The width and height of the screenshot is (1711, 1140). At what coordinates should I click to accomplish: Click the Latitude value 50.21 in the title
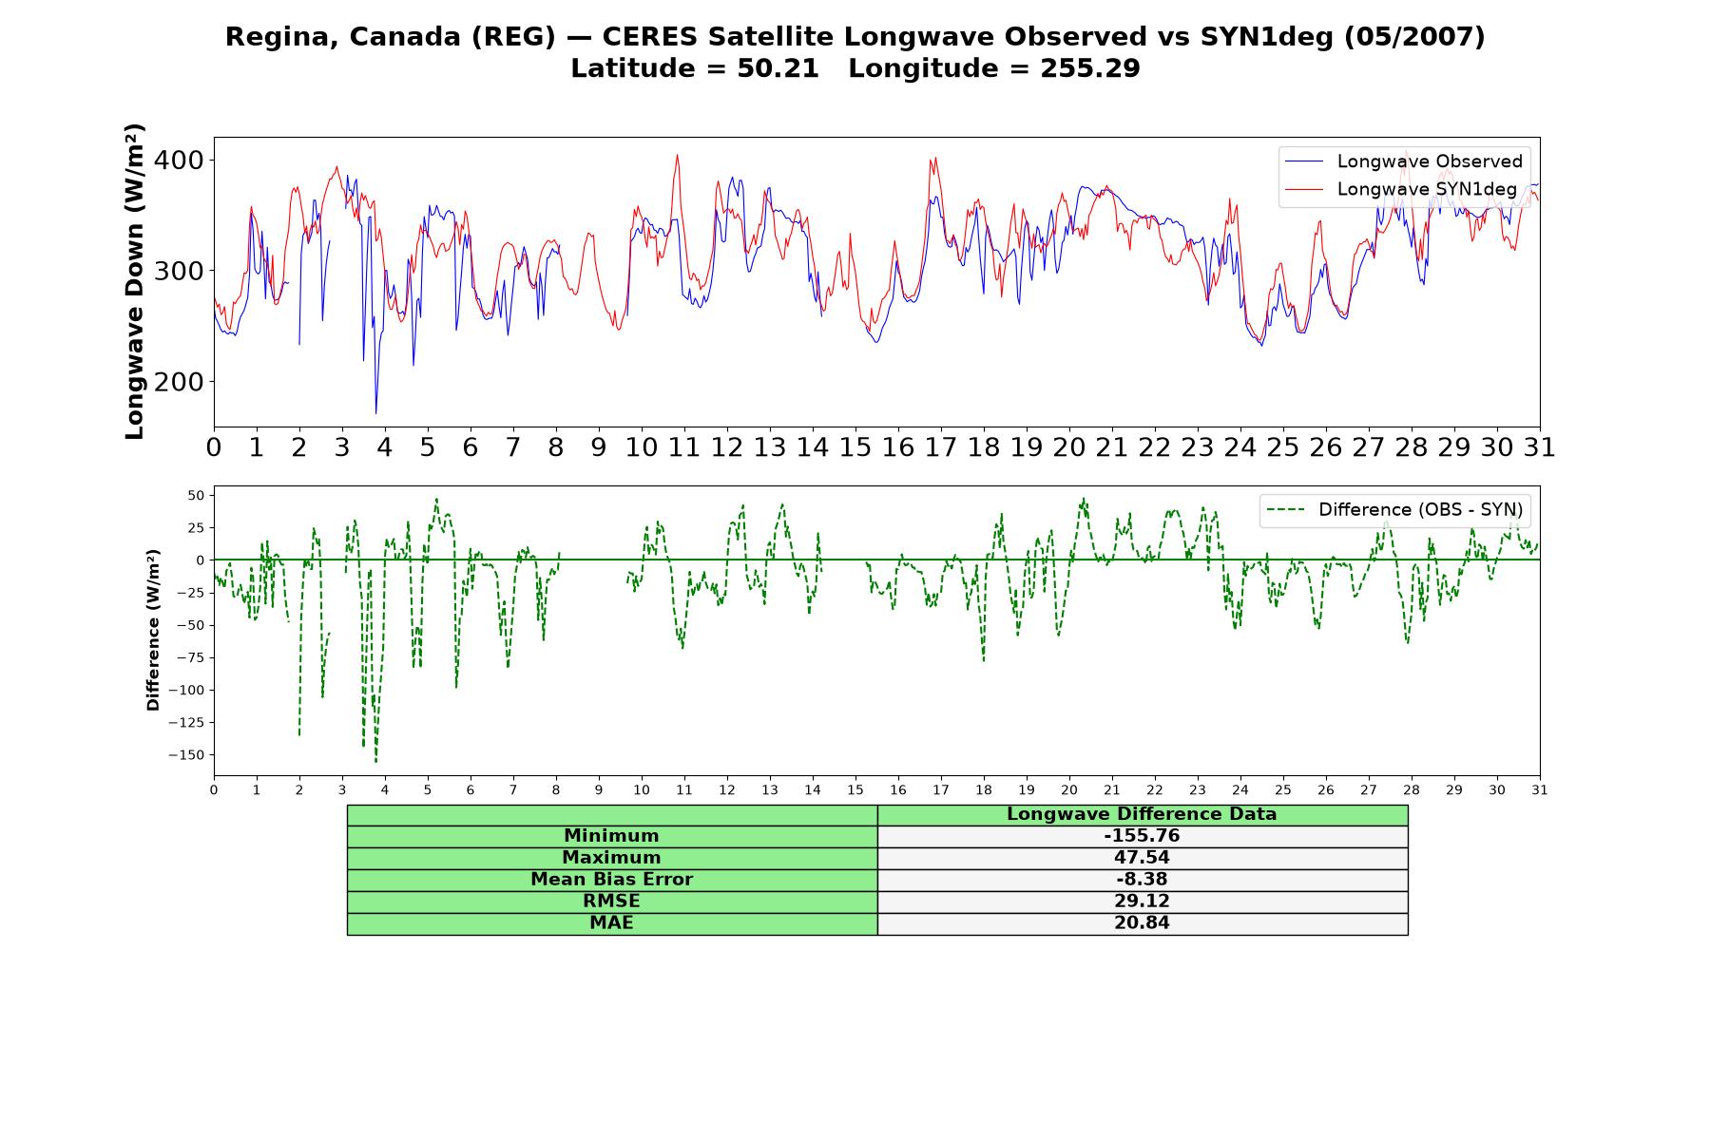778,68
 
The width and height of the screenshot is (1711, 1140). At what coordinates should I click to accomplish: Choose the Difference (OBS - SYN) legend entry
1395,510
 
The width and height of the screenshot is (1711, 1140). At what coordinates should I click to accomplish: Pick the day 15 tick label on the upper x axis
855,447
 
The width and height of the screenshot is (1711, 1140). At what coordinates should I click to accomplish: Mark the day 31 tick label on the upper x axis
1540,447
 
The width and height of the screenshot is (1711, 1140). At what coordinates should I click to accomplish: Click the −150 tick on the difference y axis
186,755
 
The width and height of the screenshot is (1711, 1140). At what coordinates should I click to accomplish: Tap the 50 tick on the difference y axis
196,495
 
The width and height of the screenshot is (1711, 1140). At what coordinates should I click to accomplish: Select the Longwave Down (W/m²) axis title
135,281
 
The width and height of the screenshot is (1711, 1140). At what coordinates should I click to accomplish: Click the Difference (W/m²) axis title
153,630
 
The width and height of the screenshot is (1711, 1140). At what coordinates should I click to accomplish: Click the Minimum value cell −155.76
1142,836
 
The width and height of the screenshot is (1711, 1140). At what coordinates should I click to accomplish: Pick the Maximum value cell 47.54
1142,858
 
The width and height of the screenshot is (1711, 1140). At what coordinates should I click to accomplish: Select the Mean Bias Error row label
611,880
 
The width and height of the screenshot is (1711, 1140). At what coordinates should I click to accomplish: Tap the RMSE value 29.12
1142,902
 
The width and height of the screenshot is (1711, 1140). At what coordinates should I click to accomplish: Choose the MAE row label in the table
611,923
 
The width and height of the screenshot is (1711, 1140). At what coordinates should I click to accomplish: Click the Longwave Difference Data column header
1142,814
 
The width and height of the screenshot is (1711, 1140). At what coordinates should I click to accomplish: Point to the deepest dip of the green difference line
375,762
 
